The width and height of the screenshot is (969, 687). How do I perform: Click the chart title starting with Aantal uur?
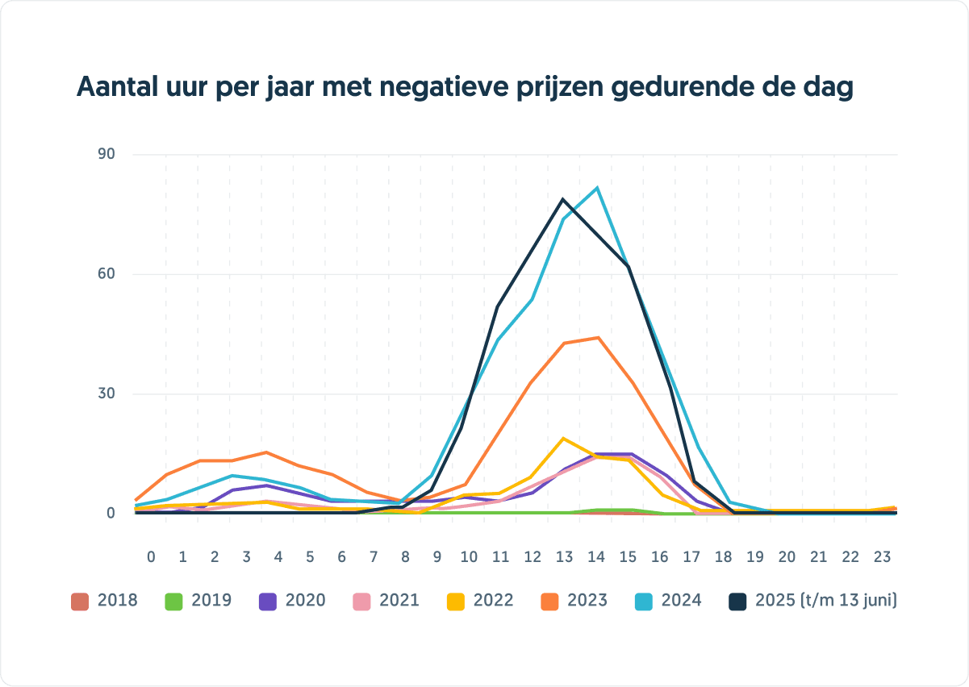pyautogui.click(x=465, y=87)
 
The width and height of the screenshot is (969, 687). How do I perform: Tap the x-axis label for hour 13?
pyautogui.click(x=564, y=557)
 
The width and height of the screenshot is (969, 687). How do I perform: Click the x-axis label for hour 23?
pyautogui.click(x=883, y=557)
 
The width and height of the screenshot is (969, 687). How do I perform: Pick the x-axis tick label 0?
pyautogui.click(x=151, y=557)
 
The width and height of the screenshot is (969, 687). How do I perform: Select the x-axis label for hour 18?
pyautogui.click(x=724, y=557)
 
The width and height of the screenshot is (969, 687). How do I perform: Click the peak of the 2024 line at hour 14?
pyautogui.click(x=597, y=188)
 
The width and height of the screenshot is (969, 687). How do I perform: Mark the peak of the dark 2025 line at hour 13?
pyautogui.click(x=563, y=199)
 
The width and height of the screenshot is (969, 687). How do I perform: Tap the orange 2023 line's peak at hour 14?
pyautogui.click(x=598, y=338)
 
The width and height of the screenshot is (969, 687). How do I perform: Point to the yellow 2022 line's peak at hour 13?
pyautogui.click(x=563, y=438)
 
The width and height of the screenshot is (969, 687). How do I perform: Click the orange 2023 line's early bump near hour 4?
pyautogui.click(x=265, y=452)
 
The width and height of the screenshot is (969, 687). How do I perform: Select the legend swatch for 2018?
pyautogui.click(x=79, y=601)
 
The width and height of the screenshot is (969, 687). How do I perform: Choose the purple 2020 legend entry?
pyautogui.click(x=292, y=601)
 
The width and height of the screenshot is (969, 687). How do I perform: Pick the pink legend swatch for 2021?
pyautogui.click(x=362, y=601)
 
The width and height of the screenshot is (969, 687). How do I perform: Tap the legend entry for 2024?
pyautogui.click(x=668, y=601)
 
